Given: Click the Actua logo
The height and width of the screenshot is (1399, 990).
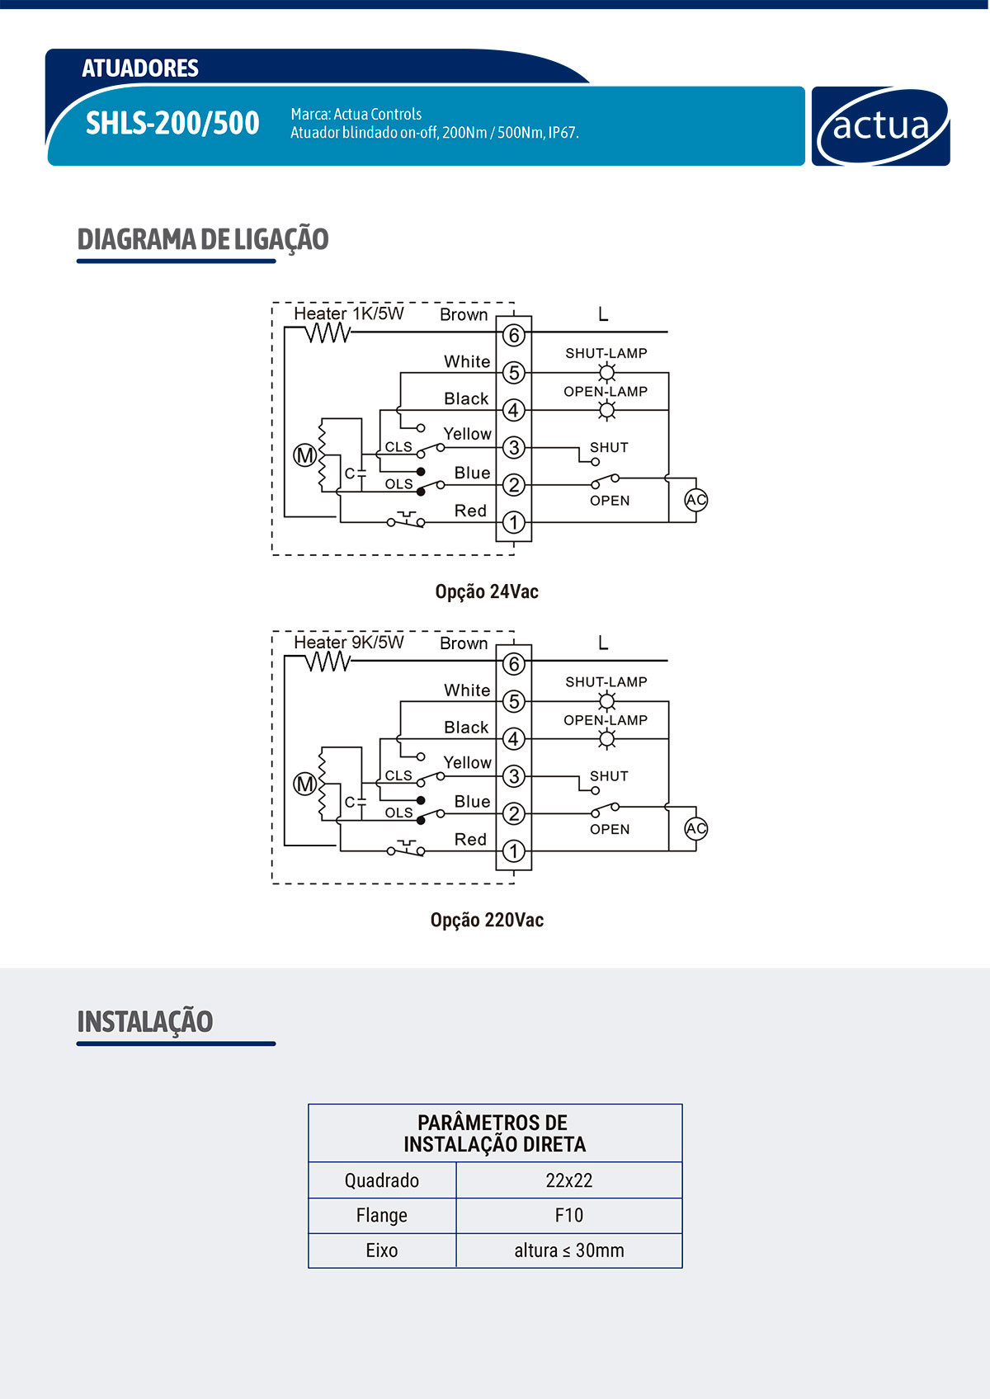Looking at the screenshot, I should (x=880, y=126).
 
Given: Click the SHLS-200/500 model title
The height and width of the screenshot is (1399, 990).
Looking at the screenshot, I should (x=172, y=123).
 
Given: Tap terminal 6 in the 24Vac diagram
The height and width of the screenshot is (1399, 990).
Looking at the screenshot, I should (x=514, y=335).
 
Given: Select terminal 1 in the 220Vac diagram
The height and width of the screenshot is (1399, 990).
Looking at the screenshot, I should (x=514, y=850).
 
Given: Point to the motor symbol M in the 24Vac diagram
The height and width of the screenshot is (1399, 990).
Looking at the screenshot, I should (x=305, y=455).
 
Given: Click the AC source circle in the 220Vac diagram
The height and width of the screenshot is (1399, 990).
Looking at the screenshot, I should (x=696, y=828).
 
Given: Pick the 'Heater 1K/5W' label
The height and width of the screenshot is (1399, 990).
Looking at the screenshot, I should (x=349, y=313).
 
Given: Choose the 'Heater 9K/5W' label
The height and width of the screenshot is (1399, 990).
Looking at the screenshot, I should (x=349, y=642).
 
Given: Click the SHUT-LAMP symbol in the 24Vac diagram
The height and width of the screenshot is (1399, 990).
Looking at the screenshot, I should (x=607, y=372).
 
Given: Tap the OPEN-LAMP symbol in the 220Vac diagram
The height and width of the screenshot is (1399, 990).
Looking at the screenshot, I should (x=607, y=738).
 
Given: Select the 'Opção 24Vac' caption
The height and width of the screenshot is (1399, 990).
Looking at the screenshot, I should (x=487, y=591).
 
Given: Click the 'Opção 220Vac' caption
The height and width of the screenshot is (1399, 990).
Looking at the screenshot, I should (x=487, y=920).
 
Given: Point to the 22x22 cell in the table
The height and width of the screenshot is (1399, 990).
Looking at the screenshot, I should (x=568, y=1180).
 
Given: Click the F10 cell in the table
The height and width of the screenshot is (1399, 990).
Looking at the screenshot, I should (x=568, y=1215).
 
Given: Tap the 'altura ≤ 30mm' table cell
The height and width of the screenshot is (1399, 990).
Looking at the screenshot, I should (x=568, y=1251).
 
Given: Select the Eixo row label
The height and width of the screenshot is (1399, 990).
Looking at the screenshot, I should (x=382, y=1251).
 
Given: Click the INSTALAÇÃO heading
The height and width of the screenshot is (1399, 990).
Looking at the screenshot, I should (x=145, y=1021).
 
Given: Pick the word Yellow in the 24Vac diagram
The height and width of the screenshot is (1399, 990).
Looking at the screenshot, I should (x=467, y=434).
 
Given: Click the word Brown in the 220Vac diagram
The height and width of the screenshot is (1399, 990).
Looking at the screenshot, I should (x=464, y=643).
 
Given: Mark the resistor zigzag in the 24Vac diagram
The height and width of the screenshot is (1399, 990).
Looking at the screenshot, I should (x=328, y=332).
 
